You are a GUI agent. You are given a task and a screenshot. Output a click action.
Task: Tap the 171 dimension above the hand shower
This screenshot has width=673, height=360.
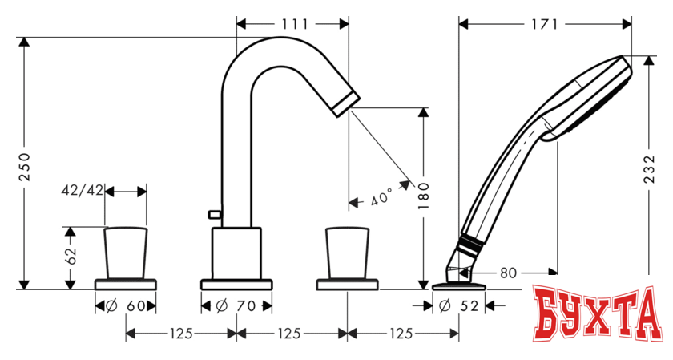pyautogui.click(x=544, y=24)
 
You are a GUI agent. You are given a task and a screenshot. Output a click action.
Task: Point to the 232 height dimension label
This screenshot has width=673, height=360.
pyautogui.click(x=650, y=170)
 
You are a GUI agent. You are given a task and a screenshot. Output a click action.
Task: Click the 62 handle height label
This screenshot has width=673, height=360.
pyautogui.click(x=71, y=257)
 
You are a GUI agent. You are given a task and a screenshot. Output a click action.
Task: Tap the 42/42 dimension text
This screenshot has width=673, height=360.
pyautogui.click(x=83, y=192)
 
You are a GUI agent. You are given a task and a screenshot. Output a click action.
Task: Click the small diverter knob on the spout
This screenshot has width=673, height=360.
pyautogui.click(x=213, y=213)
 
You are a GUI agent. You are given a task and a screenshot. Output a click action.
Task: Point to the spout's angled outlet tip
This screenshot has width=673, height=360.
pyautogui.click(x=349, y=100)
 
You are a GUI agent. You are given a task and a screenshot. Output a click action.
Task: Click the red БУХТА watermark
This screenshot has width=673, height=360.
pyautogui.click(x=596, y=317)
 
